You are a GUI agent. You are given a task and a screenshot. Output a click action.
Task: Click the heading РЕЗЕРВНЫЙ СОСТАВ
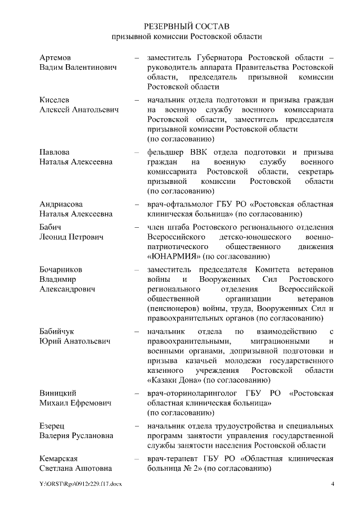(x=186, y=26)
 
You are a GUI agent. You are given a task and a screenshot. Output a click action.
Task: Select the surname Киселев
(x=55, y=100)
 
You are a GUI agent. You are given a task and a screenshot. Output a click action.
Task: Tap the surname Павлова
(x=55, y=152)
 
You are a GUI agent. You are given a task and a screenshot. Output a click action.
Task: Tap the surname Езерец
(x=52, y=426)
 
